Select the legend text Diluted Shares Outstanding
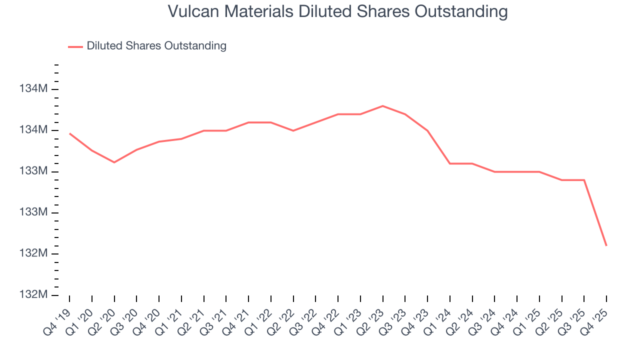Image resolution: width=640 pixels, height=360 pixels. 156,46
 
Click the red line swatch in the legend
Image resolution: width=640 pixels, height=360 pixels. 75,46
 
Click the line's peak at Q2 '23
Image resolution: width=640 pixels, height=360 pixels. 382,106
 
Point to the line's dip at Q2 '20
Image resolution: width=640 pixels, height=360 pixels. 114,162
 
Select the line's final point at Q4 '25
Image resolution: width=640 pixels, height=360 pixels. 606,245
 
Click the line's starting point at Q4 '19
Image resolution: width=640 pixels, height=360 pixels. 69,133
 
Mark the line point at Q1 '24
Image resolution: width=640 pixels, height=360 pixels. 450,163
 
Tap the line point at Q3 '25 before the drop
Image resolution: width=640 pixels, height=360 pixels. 584,180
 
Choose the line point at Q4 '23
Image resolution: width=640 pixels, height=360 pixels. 427,130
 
